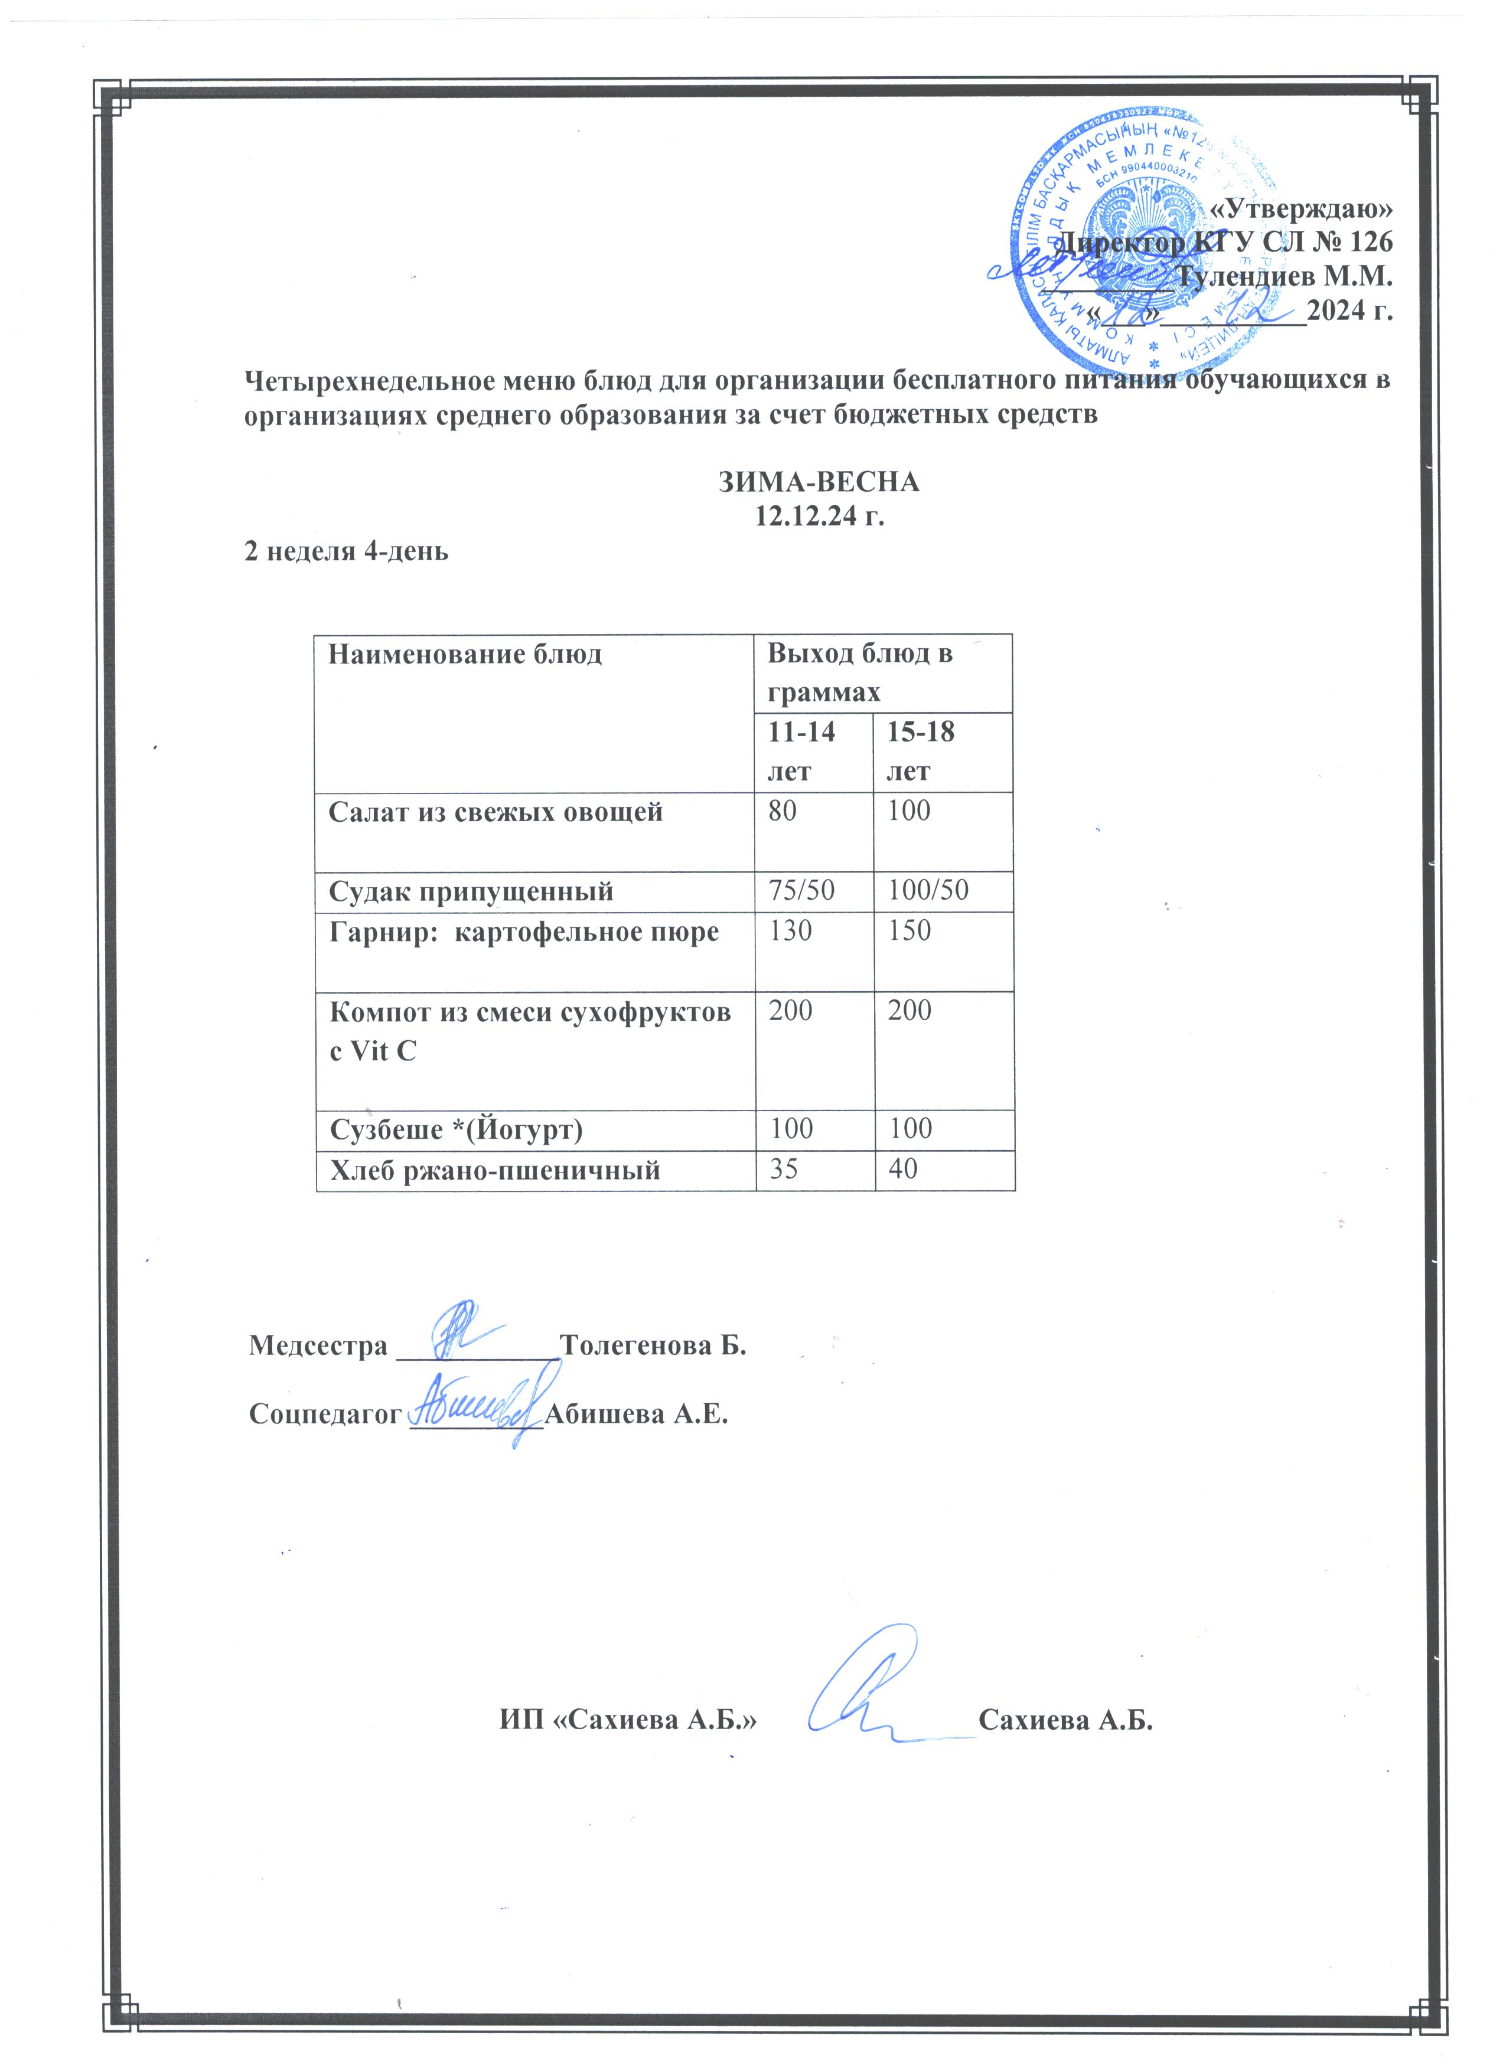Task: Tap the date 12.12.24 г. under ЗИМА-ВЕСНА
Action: click(819, 516)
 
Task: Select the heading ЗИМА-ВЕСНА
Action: click(819, 482)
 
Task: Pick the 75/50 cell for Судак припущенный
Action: click(801, 891)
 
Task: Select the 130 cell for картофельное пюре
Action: click(790, 932)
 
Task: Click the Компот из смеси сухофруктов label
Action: click(530, 1012)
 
